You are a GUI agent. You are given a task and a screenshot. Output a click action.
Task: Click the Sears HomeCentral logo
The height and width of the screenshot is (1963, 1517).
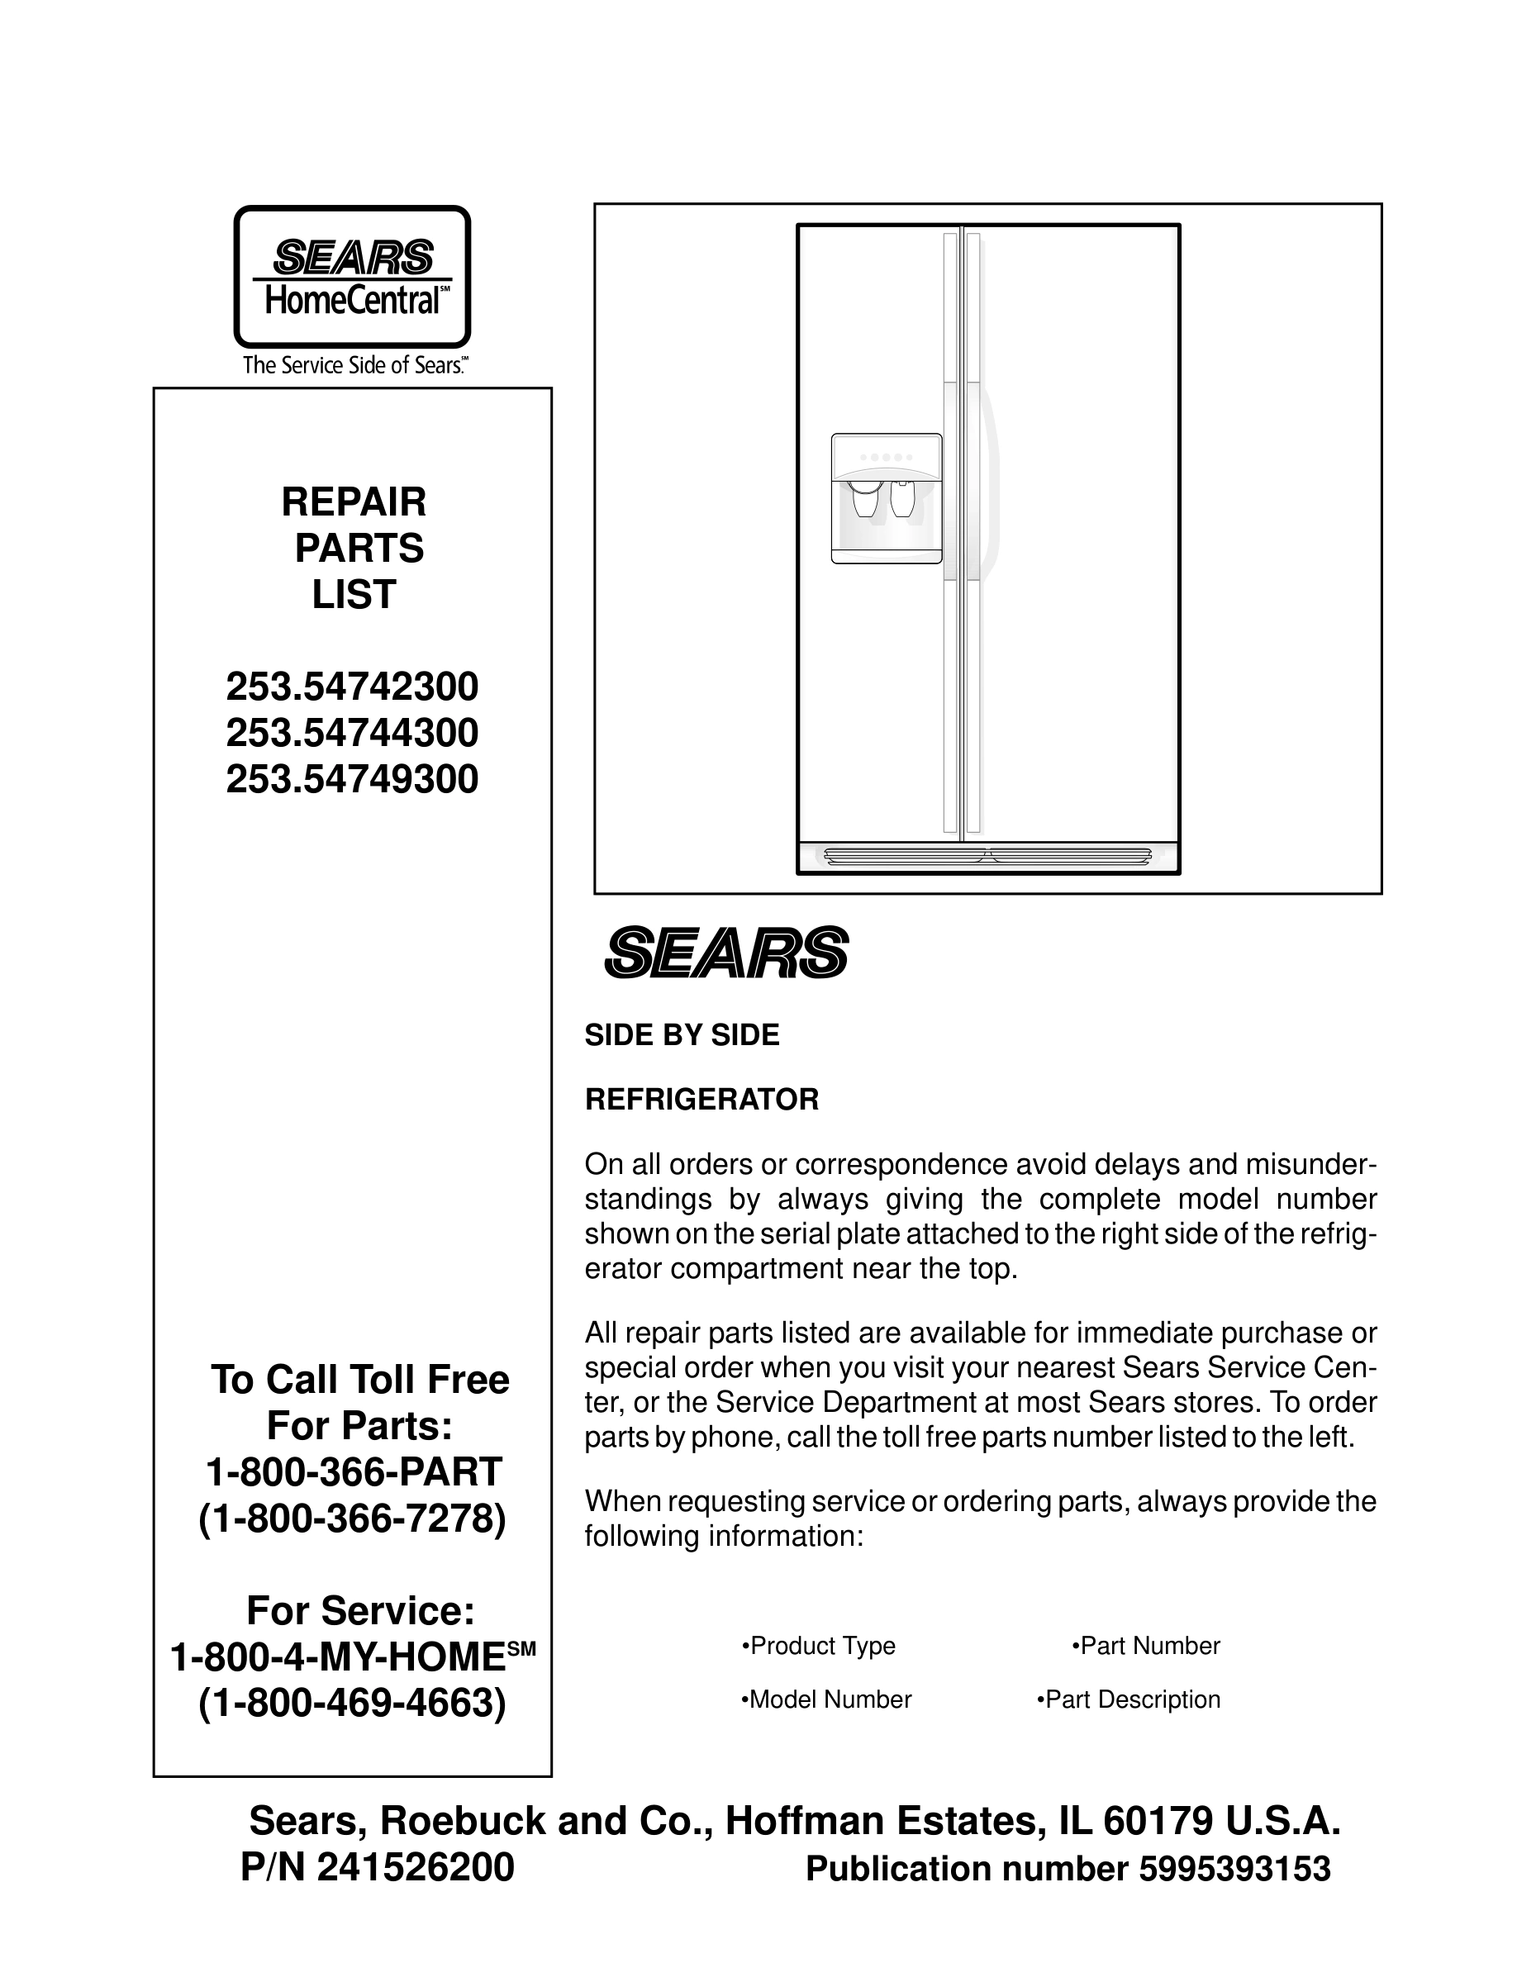point(352,277)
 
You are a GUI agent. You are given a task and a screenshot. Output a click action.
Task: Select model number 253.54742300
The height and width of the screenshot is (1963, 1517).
point(352,687)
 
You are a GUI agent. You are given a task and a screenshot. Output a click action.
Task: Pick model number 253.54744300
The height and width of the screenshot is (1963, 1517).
point(352,734)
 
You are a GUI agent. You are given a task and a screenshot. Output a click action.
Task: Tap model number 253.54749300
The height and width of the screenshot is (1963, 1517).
point(352,779)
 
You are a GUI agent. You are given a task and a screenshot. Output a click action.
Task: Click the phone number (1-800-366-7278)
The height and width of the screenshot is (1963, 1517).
point(352,1519)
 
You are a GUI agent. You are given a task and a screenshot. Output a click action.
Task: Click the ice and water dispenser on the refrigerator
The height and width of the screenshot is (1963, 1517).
point(886,498)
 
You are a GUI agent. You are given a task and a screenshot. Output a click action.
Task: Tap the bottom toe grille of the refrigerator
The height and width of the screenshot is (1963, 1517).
point(987,856)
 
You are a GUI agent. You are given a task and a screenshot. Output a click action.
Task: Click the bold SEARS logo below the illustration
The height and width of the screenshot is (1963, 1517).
point(726,953)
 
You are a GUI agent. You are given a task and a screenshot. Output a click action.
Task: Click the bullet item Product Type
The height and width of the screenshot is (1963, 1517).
point(819,1646)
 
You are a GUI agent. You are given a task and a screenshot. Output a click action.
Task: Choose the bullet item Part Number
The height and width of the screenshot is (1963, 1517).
point(1146,1646)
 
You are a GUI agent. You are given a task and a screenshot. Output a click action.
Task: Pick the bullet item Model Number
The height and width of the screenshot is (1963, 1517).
point(826,1699)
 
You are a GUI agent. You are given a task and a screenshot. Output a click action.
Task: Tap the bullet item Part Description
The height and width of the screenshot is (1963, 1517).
point(1129,1699)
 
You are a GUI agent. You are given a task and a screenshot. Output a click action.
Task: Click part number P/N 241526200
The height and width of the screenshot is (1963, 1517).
point(378,1868)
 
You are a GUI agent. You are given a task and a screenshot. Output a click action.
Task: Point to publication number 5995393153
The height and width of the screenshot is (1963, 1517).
point(1234,1869)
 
